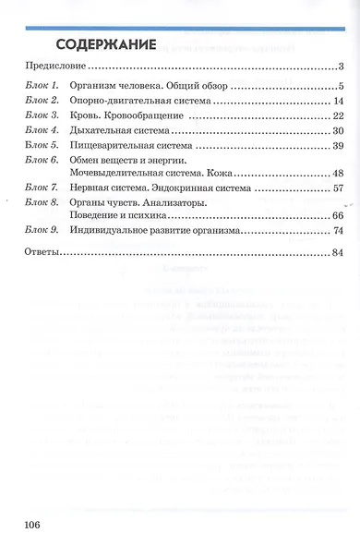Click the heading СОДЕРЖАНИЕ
[x=110, y=45]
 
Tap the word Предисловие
[x=54, y=67]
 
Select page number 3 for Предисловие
[x=340, y=67]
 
